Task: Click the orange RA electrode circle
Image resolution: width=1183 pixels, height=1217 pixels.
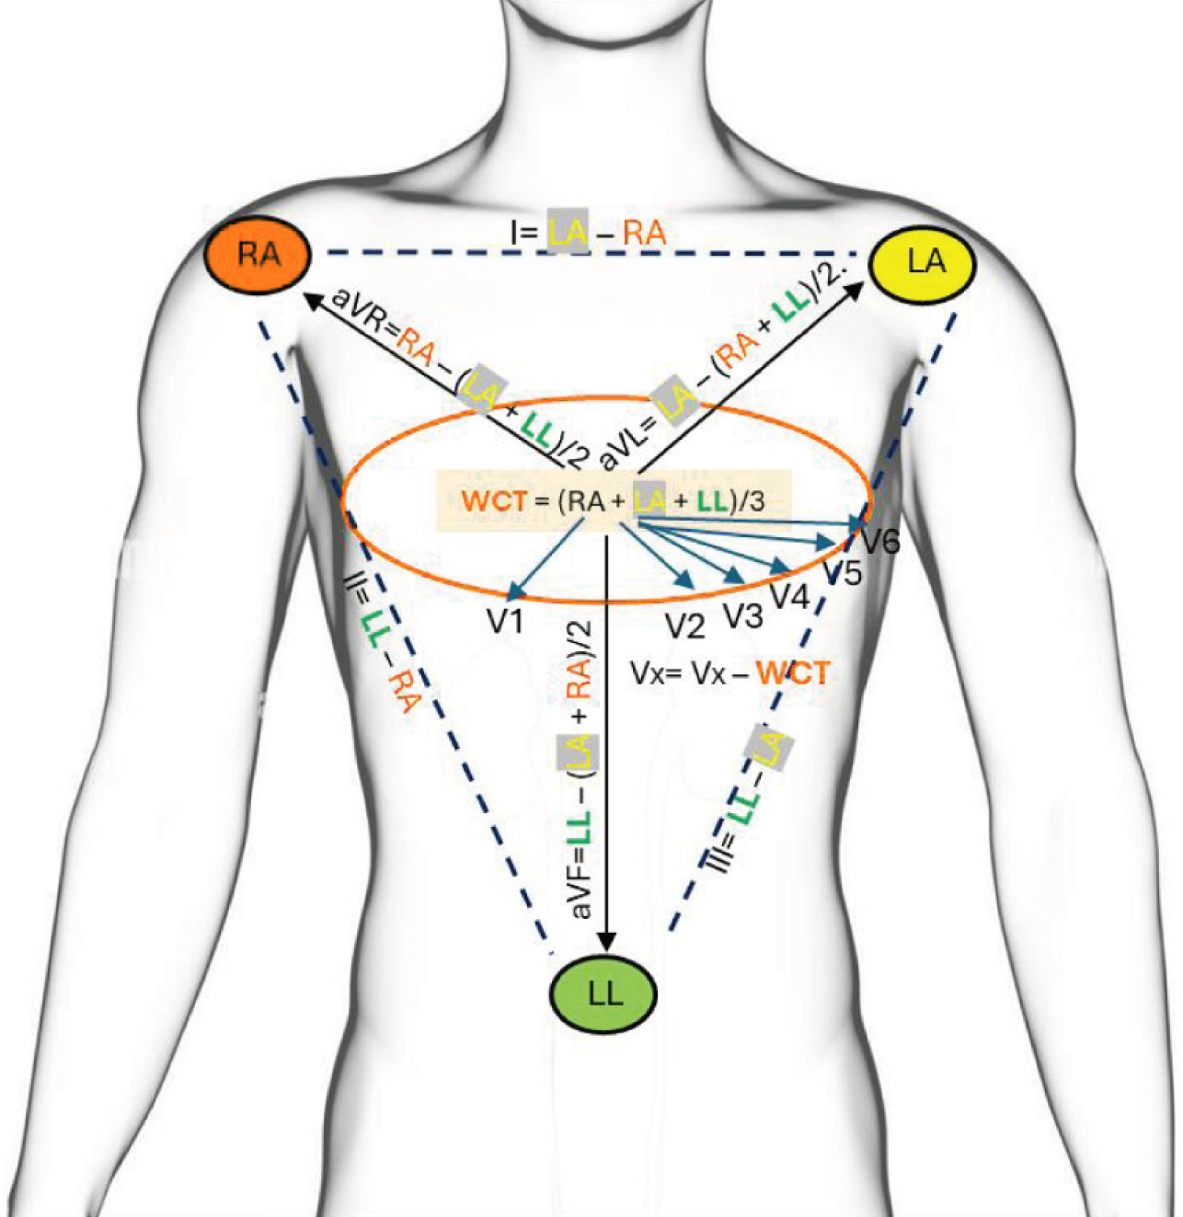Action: tap(258, 254)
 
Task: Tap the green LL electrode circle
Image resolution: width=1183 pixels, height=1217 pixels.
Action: tap(603, 993)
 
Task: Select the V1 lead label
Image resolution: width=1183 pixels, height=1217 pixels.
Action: tap(505, 621)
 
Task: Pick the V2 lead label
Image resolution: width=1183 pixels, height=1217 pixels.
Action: tap(684, 626)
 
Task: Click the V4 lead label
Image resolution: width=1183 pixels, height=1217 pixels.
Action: tap(789, 597)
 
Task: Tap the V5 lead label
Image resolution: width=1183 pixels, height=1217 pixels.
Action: tap(842, 573)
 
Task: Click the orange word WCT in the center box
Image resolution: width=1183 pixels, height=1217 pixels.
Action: tap(495, 501)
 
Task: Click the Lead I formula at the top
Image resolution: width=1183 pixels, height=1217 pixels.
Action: tap(588, 232)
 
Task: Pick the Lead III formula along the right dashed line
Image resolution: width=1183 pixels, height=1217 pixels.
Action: tap(745, 800)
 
